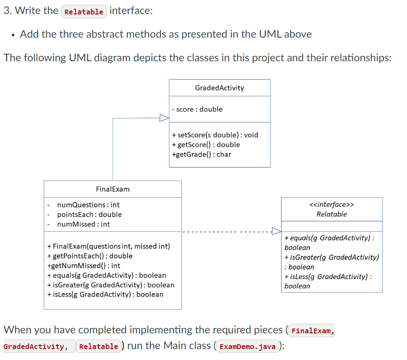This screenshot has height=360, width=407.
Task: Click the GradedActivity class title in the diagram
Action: [x=219, y=88]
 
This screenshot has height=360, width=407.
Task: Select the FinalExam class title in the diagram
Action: [x=112, y=189]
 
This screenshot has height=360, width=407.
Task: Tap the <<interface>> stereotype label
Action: [x=331, y=204]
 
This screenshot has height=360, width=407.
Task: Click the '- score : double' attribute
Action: [x=197, y=109]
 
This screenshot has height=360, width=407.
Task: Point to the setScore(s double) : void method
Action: [x=215, y=135]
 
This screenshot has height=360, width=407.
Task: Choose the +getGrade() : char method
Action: [x=202, y=154]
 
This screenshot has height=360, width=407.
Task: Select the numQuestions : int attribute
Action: [x=88, y=205]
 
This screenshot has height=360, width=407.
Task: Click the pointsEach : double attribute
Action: [x=89, y=214]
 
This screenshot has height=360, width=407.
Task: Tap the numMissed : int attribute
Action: [x=83, y=224]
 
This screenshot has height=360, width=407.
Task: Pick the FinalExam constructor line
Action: [x=108, y=246]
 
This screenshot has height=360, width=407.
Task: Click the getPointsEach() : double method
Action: [x=90, y=256]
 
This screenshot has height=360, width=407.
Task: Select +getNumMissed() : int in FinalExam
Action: [x=83, y=266]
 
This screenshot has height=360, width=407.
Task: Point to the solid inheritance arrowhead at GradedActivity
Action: [x=164, y=118]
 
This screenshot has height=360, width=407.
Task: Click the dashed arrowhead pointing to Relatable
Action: [x=276, y=231]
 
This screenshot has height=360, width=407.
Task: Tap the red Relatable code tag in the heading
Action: [x=84, y=12]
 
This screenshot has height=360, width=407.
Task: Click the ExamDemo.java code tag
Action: [x=247, y=346]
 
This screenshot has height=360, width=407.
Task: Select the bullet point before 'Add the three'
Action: [x=14, y=35]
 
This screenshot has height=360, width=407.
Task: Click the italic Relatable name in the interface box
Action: [x=331, y=214]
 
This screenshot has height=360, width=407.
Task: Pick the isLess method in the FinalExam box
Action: [x=105, y=294]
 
